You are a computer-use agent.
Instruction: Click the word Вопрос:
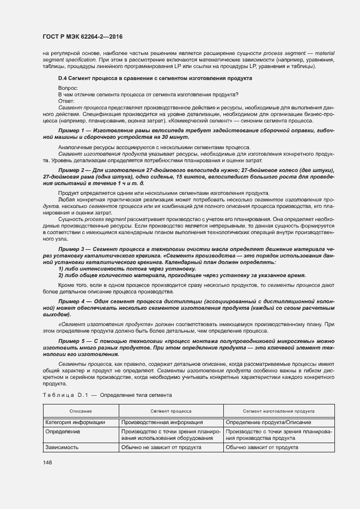(68, 87)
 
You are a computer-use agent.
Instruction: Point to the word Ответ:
(66, 101)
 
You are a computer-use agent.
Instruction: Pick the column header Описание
(81, 411)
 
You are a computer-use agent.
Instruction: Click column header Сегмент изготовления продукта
(279, 411)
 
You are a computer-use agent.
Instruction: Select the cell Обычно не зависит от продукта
(162, 447)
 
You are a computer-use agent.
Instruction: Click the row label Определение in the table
(63, 431)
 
